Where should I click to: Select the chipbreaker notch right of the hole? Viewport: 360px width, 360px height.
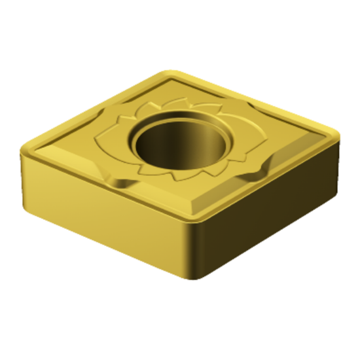pyautogui.click(x=259, y=171)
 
